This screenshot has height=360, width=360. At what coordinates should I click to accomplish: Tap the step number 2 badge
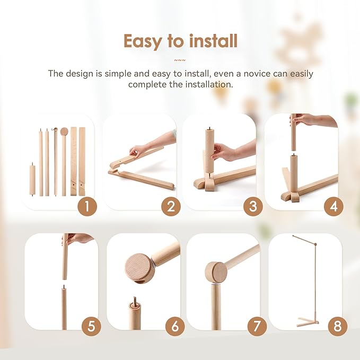[x=170, y=206]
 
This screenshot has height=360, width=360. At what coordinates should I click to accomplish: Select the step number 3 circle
[x=252, y=206]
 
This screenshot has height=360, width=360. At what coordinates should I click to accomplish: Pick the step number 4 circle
[x=333, y=206]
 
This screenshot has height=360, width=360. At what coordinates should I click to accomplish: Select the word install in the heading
[x=212, y=41]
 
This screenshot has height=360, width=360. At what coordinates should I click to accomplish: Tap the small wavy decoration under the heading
[x=180, y=60]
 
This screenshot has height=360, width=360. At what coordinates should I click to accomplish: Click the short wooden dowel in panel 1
[x=32, y=180]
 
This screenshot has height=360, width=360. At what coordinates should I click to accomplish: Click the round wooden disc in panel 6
[x=140, y=267]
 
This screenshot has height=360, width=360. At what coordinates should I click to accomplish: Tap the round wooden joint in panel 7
[x=216, y=272]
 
